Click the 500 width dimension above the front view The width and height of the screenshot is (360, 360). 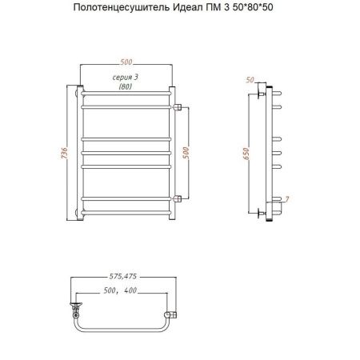pos(128,62)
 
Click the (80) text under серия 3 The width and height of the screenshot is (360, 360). pos(126,86)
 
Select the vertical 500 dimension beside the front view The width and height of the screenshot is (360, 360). pos(188,152)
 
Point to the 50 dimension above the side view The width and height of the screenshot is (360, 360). pos(250,80)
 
